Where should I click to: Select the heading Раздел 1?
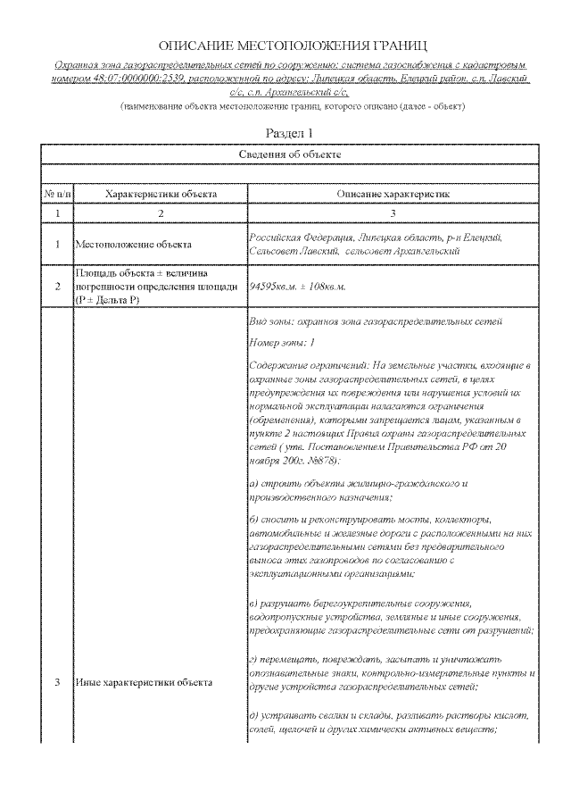click(x=292, y=132)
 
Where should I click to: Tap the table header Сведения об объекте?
click(x=292, y=154)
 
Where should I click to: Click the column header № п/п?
click(x=57, y=193)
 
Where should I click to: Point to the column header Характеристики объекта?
click(x=161, y=193)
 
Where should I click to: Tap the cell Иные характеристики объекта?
click(x=143, y=682)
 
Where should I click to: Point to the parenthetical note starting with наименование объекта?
click(x=292, y=106)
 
